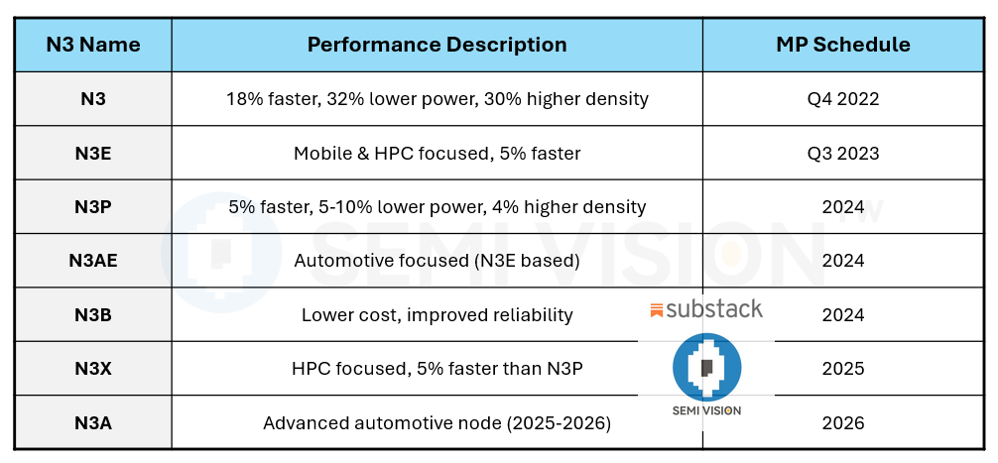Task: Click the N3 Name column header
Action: [x=93, y=45]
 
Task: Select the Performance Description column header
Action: [x=437, y=45]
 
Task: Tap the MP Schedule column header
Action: [x=842, y=45]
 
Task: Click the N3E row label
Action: [x=93, y=153]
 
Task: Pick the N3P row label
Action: [x=93, y=207]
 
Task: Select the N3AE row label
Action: [x=93, y=261]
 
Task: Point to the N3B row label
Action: [x=93, y=315]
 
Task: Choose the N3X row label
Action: [x=93, y=369]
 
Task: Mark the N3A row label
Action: [x=93, y=423]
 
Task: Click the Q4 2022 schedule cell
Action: [x=842, y=99]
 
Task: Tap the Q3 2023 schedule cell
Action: [x=842, y=153]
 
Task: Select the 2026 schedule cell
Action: [x=842, y=423]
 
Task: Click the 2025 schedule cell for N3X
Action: [x=842, y=369]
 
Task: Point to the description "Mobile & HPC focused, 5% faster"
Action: [x=437, y=153]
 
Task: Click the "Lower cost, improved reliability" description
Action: [x=437, y=315]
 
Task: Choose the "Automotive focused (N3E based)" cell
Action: [x=437, y=261]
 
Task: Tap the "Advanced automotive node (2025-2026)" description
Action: [x=437, y=423]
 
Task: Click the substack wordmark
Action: [x=706, y=309]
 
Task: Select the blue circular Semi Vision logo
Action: [x=706, y=366]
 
